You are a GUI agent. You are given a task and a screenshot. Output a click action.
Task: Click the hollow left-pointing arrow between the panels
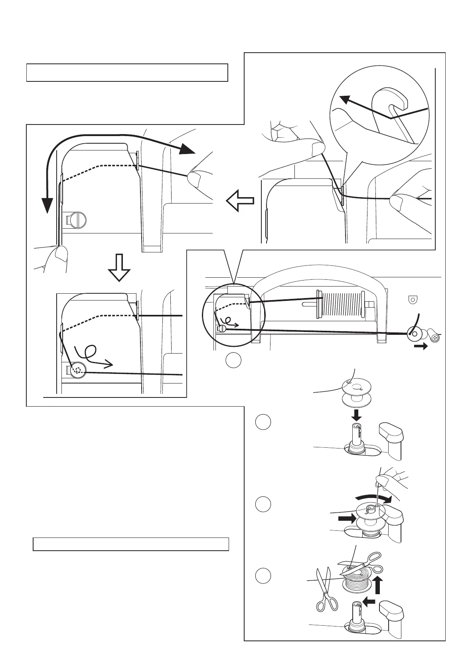click(x=240, y=200)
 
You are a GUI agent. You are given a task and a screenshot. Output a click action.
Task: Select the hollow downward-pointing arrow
click(x=119, y=268)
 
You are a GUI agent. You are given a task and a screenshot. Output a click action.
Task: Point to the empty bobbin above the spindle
click(x=357, y=392)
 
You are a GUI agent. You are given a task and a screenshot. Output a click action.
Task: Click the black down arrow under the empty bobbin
click(x=357, y=415)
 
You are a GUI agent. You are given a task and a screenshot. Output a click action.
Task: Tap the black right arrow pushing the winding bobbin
click(x=346, y=519)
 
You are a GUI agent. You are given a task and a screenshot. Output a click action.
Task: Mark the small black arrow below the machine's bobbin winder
click(x=421, y=346)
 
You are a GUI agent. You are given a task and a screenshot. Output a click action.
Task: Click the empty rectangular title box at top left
click(x=127, y=72)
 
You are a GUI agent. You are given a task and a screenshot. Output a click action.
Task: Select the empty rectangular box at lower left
click(x=131, y=544)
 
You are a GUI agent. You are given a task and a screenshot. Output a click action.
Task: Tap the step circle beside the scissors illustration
click(x=263, y=575)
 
